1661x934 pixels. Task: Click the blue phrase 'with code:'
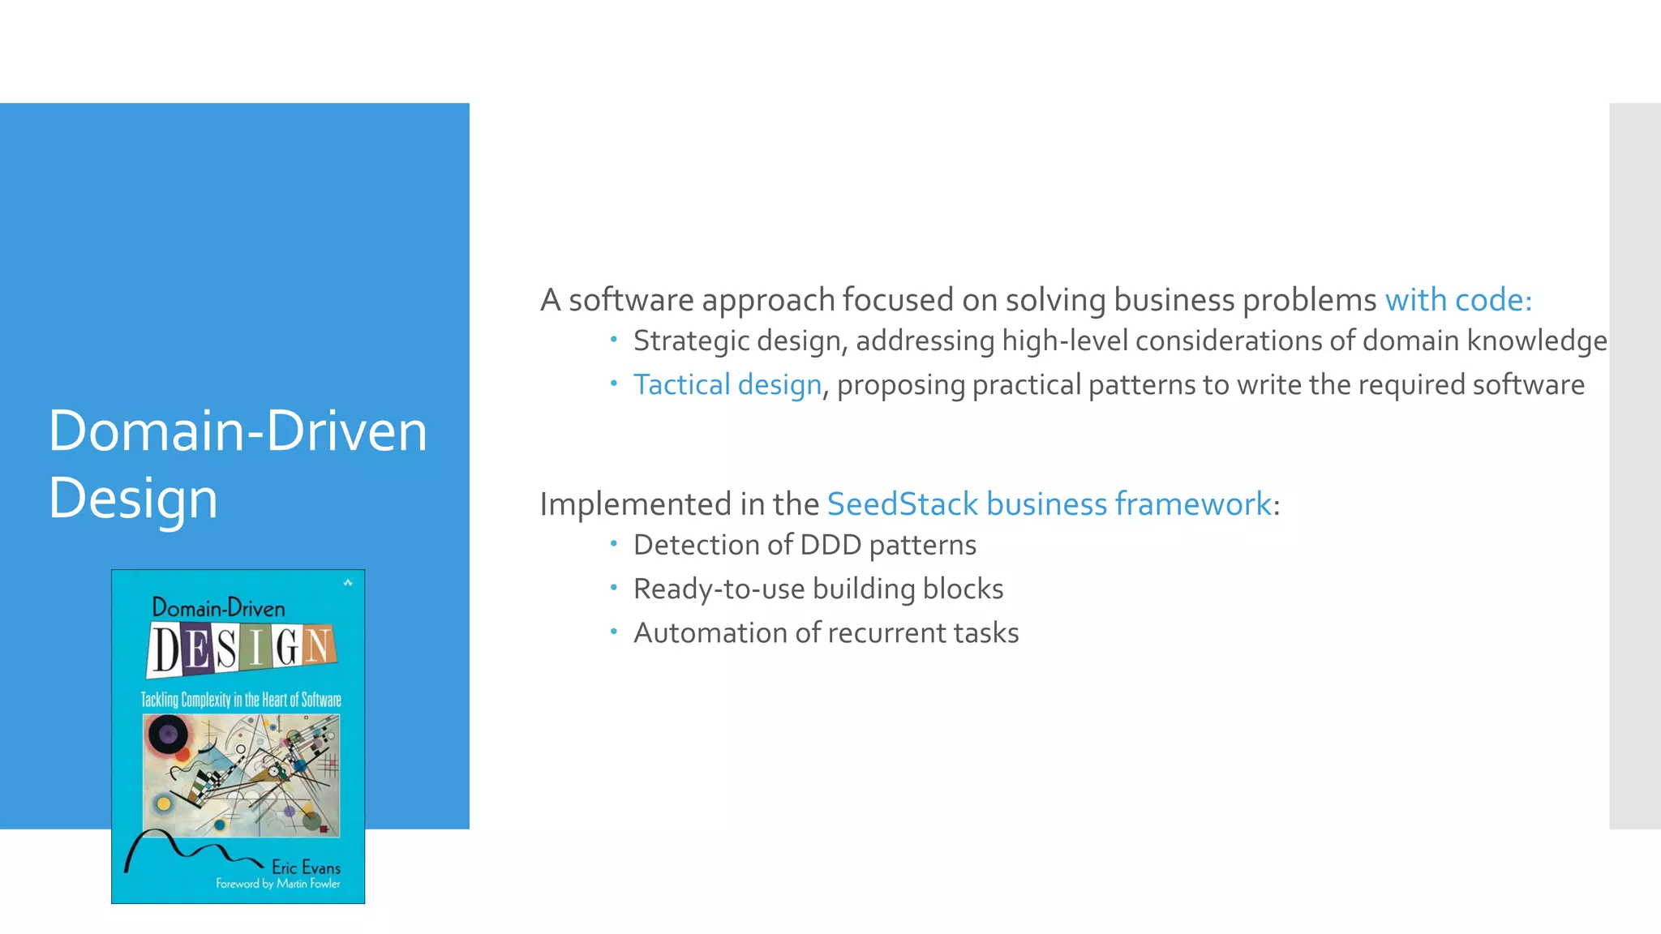tap(1457, 300)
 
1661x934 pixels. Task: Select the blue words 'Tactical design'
tap(727, 384)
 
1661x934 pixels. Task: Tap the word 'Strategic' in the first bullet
tap(691, 341)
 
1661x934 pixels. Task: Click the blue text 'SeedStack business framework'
tap(1048, 504)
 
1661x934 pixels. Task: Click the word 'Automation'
tap(710, 632)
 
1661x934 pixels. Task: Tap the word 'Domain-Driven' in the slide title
tap(237, 431)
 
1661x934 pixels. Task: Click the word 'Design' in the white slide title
tap(133, 498)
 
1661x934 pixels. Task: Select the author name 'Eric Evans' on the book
tap(306, 867)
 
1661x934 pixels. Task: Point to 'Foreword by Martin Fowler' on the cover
tap(277, 884)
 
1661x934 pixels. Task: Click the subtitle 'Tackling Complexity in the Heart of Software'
tap(241, 700)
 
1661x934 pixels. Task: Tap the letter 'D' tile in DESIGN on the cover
tap(167, 650)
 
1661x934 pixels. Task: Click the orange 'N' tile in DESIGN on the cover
tap(318, 645)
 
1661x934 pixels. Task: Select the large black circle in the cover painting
tap(167, 735)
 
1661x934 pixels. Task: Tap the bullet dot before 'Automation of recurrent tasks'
tap(614, 630)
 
